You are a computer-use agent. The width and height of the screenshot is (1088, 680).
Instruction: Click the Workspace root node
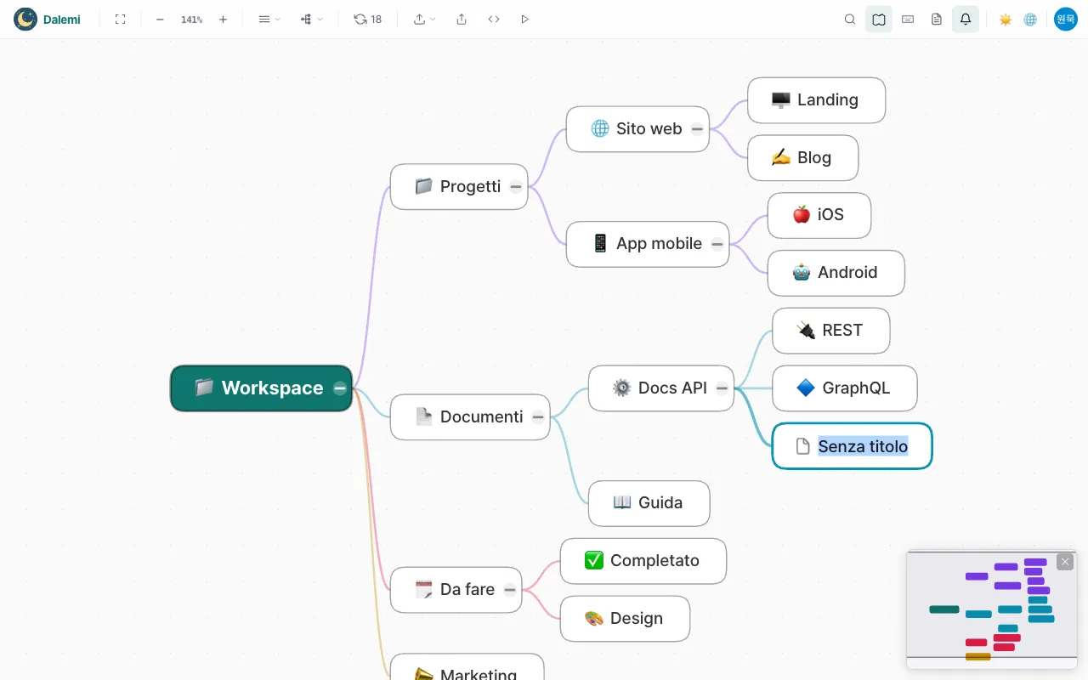click(x=261, y=388)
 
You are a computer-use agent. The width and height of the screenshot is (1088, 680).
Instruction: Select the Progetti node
click(x=459, y=186)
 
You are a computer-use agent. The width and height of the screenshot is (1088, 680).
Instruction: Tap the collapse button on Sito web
click(x=697, y=129)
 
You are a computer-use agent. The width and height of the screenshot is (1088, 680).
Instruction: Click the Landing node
click(x=817, y=100)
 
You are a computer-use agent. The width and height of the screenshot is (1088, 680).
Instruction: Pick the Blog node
click(x=803, y=158)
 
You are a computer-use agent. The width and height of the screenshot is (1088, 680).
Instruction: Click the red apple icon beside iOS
click(x=802, y=215)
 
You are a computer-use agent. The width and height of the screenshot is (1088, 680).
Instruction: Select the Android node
click(x=836, y=273)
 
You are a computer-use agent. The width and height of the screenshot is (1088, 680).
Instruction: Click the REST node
click(x=831, y=331)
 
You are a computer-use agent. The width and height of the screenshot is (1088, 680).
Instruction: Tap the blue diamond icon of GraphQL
click(x=806, y=388)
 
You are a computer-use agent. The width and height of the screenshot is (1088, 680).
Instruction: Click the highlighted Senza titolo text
click(x=863, y=446)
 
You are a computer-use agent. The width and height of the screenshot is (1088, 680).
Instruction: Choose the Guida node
click(x=649, y=503)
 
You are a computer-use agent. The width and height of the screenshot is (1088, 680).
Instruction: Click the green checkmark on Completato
click(x=594, y=560)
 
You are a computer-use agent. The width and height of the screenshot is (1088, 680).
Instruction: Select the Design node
click(x=625, y=619)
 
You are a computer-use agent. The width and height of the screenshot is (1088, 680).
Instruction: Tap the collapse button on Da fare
click(x=509, y=590)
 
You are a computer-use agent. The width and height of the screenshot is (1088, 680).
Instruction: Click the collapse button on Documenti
click(x=538, y=417)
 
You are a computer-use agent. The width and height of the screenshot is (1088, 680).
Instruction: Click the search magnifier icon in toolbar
click(x=849, y=20)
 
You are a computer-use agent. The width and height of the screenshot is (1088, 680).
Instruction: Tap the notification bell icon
click(x=966, y=20)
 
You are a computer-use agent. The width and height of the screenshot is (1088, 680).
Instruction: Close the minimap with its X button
click(x=1065, y=562)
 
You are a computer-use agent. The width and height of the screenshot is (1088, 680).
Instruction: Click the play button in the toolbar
click(x=524, y=20)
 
